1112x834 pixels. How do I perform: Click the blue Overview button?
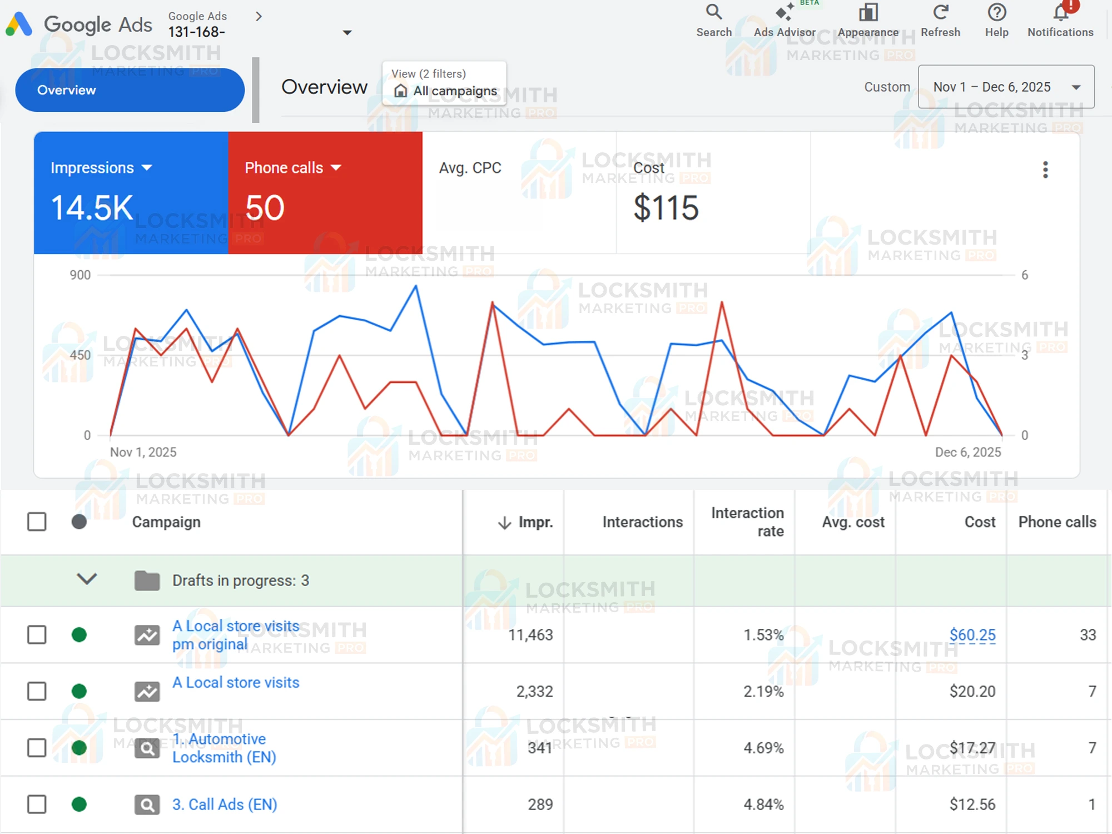tap(130, 90)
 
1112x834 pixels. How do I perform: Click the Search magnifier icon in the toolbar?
tap(714, 12)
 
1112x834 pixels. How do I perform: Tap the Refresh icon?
tap(940, 12)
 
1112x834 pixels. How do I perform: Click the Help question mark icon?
tap(996, 12)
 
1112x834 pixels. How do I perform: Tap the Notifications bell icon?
tap(1060, 12)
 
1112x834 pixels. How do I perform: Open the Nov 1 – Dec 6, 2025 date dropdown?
tap(1006, 87)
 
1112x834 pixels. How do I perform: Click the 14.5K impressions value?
tap(92, 208)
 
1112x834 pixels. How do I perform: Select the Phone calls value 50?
tap(265, 208)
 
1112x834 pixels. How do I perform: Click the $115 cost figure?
tap(666, 208)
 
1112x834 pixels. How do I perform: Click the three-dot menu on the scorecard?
tap(1045, 170)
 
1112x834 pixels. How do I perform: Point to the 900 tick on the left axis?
tap(80, 275)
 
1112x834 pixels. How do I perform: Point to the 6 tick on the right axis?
tap(1025, 275)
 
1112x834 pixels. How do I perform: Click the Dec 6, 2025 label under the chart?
tap(967, 452)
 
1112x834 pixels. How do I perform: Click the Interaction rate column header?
tap(747, 522)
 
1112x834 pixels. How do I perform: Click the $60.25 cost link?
tap(972, 634)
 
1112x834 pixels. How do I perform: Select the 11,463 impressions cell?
tap(530, 635)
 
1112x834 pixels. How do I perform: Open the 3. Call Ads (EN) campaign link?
tap(225, 805)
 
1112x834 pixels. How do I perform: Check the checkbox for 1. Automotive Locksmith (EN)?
tap(37, 748)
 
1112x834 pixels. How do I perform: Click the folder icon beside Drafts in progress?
tap(147, 580)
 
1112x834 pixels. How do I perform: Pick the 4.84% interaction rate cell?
tap(763, 805)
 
